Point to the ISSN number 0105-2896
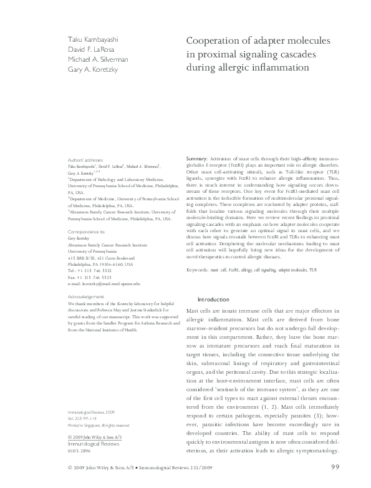click(x=79, y=451)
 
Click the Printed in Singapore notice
click(x=99, y=426)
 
